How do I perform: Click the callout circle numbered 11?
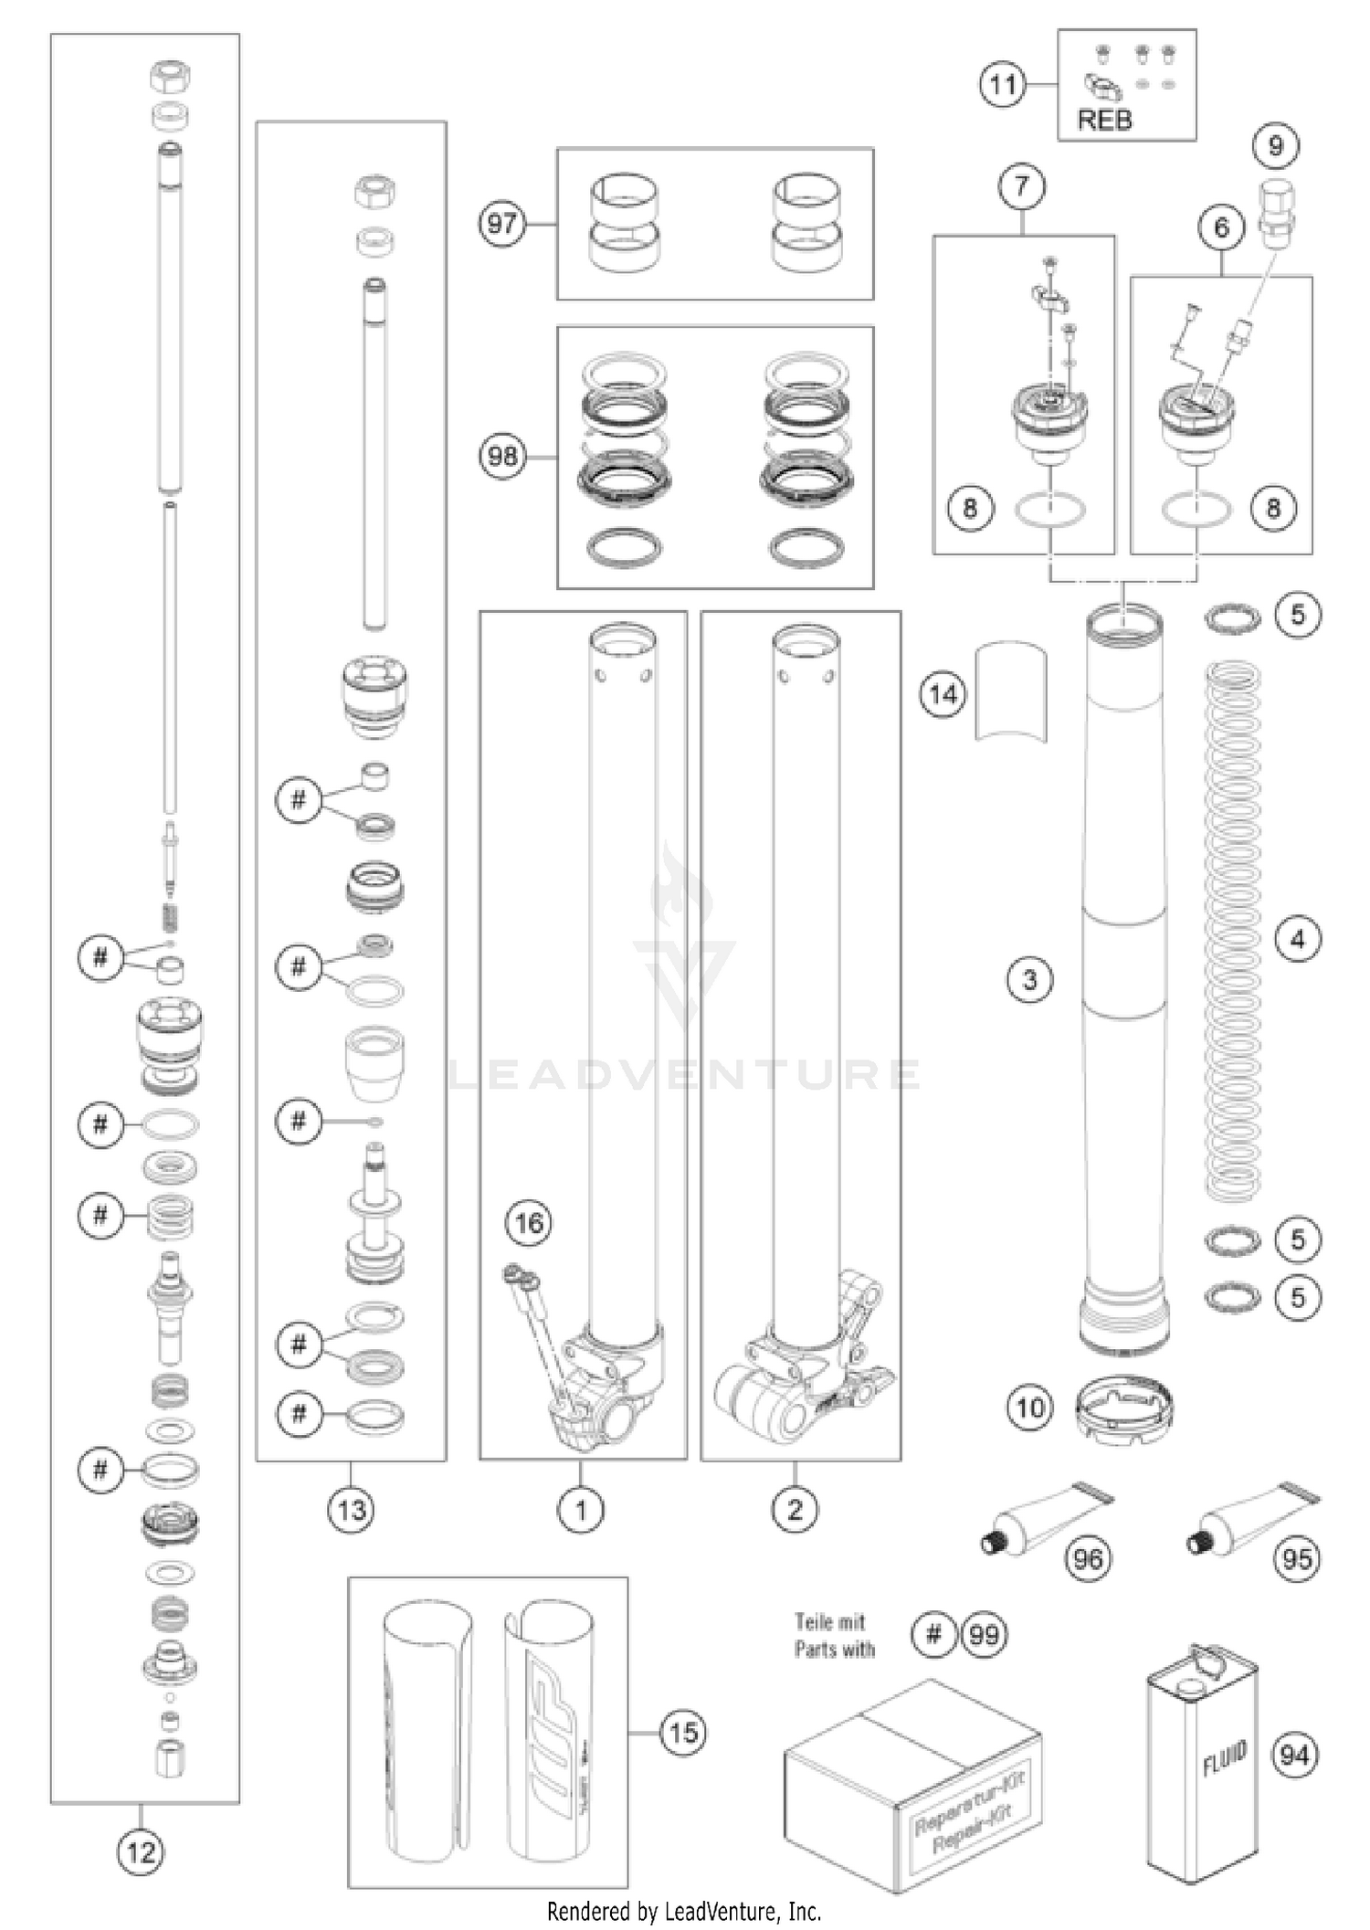(1002, 85)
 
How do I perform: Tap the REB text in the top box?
(1104, 120)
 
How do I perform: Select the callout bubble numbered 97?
(502, 223)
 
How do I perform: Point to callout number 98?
(502, 455)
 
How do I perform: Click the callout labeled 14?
(943, 695)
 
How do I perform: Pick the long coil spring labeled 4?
(1232, 932)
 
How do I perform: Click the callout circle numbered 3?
(1029, 980)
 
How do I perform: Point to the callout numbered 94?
(1294, 1755)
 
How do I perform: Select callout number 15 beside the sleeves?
(683, 1732)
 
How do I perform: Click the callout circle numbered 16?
(529, 1223)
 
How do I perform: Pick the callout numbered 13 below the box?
(352, 1510)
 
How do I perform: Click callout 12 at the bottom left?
(141, 1853)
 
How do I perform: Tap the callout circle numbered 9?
(1276, 146)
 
